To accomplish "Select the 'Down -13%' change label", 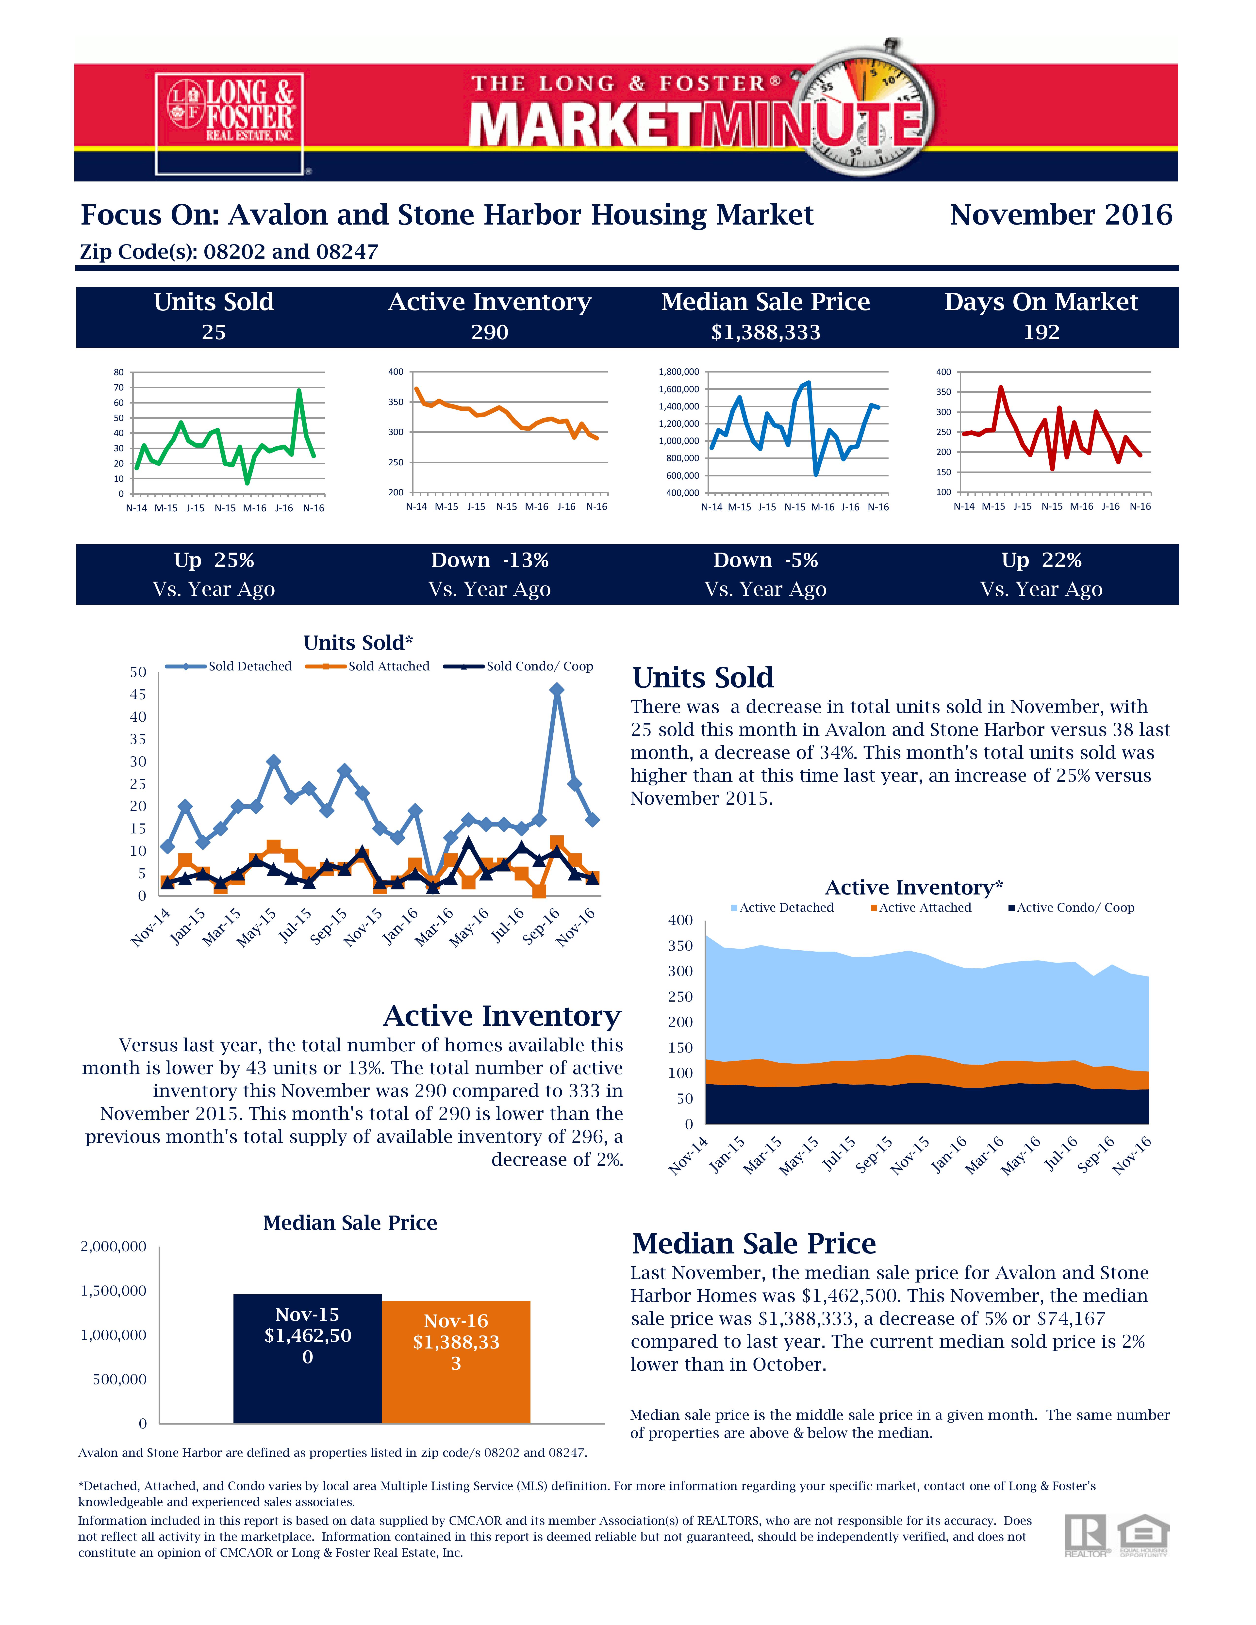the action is point(490,560).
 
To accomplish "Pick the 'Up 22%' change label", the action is point(1041,560).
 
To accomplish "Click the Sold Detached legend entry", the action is point(229,666).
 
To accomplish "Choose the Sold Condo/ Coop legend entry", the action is point(519,666).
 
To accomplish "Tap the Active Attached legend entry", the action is point(921,908).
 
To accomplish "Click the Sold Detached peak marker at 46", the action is point(557,690).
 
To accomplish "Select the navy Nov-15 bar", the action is point(307,1359).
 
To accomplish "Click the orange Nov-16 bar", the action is point(456,1362).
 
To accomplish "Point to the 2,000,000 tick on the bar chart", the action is point(113,1246).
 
